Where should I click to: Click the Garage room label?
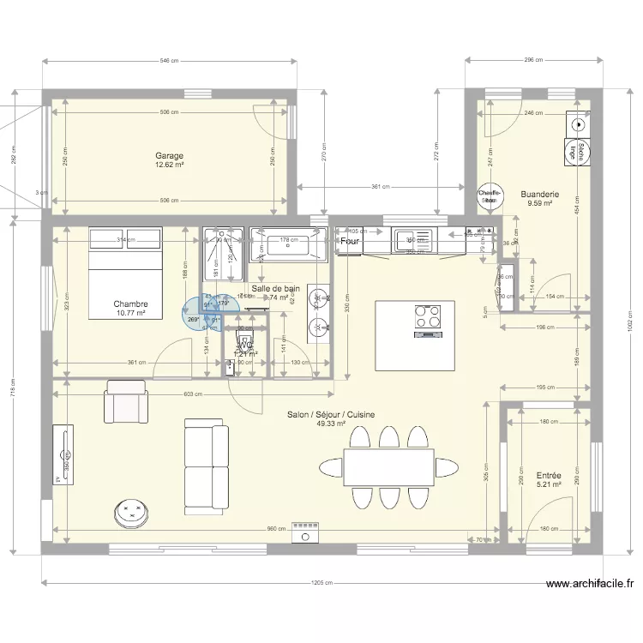coord(169,156)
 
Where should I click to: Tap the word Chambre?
coord(130,303)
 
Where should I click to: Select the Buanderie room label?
coord(540,194)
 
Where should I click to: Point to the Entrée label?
coord(548,475)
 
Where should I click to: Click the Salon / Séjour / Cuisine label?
coord(330,414)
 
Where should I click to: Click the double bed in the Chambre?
coord(126,272)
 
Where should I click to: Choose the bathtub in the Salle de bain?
coord(287,246)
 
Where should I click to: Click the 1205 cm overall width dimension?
coord(322,583)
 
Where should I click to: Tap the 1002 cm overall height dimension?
coord(628,325)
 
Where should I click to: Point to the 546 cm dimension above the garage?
coord(169,61)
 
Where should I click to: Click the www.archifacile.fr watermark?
coord(590,585)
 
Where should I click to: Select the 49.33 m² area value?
coord(330,424)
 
